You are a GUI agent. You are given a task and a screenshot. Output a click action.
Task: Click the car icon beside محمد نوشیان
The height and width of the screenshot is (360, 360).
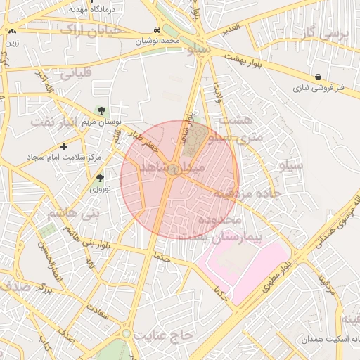pos(156,30)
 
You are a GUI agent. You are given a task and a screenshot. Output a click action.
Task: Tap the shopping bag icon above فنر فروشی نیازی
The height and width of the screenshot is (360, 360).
pos(319,77)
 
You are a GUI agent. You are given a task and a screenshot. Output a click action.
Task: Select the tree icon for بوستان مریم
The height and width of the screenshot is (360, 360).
pos(103,110)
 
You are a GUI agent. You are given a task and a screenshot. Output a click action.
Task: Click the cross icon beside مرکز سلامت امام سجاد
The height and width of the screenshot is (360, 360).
pos(64,146)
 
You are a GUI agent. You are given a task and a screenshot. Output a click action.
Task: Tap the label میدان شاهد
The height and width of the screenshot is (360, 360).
pos(172,169)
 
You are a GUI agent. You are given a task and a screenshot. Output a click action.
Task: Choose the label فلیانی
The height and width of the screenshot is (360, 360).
pos(74,72)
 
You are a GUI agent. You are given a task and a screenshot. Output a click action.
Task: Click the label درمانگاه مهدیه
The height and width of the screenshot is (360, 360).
pos(99,10)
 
